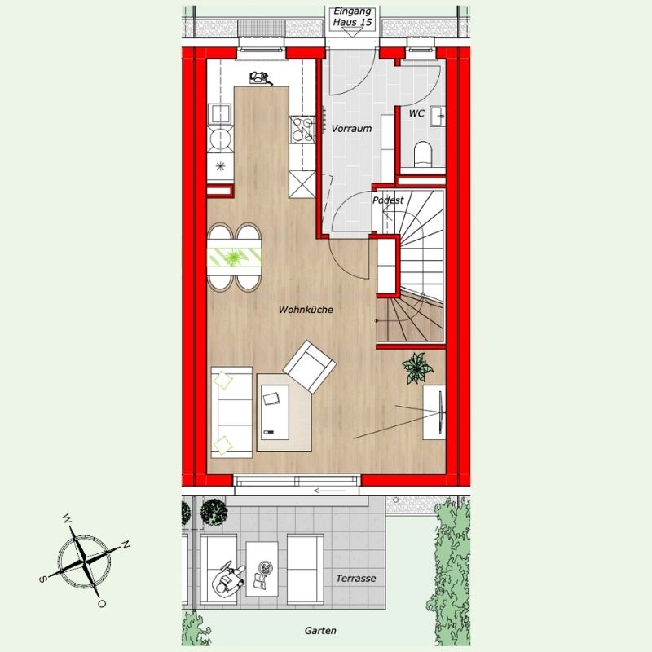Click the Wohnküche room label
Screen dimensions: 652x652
(306, 310)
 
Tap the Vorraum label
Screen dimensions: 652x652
(351, 129)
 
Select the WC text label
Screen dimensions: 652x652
(416, 113)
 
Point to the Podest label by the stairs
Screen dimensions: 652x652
(388, 200)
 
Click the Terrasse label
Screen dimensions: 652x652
(356, 579)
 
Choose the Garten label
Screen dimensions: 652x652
(320, 631)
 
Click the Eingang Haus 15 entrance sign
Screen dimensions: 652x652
(352, 17)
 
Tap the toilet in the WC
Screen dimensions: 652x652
(423, 154)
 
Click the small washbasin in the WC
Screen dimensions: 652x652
(438, 117)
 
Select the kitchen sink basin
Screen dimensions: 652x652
(219, 113)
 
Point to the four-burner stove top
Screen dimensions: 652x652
(302, 130)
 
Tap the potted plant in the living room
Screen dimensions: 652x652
(417, 368)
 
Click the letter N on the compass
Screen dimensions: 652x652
(126, 544)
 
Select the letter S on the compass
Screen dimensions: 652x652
(42, 579)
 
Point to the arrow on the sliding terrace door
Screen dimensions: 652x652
(330, 491)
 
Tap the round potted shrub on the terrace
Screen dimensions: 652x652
(214, 513)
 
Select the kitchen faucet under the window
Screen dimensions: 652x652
(260, 77)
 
